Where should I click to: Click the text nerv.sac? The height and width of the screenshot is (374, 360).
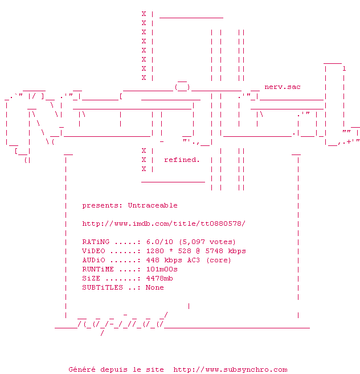(283, 87)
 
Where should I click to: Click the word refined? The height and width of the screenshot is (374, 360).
(182, 160)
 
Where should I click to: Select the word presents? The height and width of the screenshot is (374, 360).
(103, 205)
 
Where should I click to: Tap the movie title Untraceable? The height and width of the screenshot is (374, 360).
(153, 205)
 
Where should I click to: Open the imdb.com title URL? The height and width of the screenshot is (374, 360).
(164, 223)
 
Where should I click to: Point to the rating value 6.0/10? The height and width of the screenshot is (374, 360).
(159, 242)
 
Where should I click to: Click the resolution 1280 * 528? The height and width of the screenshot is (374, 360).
(169, 251)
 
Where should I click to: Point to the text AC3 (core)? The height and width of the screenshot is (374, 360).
(207, 260)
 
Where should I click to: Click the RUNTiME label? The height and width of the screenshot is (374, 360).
(98, 269)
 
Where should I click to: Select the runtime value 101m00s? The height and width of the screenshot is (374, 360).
(162, 269)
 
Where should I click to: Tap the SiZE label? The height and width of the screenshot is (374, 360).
(91, 278)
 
